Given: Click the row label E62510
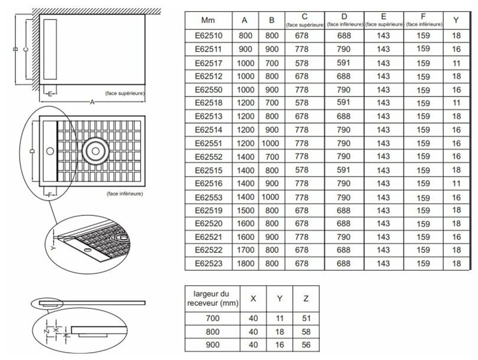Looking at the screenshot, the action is coord(208,36).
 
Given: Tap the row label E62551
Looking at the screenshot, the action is coord(208,143).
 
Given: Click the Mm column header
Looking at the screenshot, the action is coord(208,20).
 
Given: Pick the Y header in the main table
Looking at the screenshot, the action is coord(456,20).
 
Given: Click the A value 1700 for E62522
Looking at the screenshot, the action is coord(245,250).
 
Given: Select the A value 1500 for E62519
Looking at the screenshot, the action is coord(245,210).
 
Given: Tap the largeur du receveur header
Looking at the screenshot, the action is coord(211,298).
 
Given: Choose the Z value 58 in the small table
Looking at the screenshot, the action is coord(306,332).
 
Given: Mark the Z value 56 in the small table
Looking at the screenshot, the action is coord(306,346).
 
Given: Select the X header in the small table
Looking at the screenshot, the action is coord(253,298).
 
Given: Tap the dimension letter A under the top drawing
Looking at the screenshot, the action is coord(92,102).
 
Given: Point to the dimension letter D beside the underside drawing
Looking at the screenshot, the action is coord(31,151).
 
